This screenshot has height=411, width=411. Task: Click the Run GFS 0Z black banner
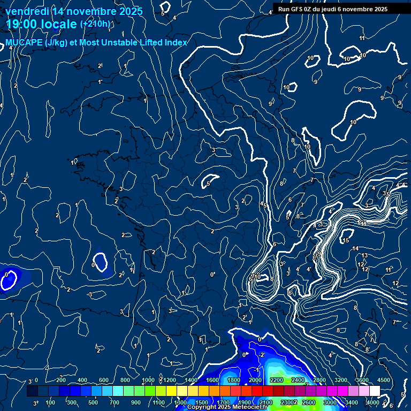pos(332,9)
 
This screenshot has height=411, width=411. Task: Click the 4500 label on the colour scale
pos(384,380)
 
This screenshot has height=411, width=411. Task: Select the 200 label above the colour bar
pos(61,380)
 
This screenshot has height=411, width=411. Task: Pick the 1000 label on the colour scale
pos(148,380)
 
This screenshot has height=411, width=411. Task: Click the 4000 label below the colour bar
pos(373,402)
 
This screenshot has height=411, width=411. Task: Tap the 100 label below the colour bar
pos(51,402)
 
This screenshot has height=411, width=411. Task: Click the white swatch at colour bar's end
pos(375,391)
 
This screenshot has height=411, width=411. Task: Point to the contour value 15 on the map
pos(346,240)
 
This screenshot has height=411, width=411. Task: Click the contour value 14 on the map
pos(355,249)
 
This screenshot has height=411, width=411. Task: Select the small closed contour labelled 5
pos(211,182)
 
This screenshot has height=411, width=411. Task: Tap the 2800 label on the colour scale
pos(319,380)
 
